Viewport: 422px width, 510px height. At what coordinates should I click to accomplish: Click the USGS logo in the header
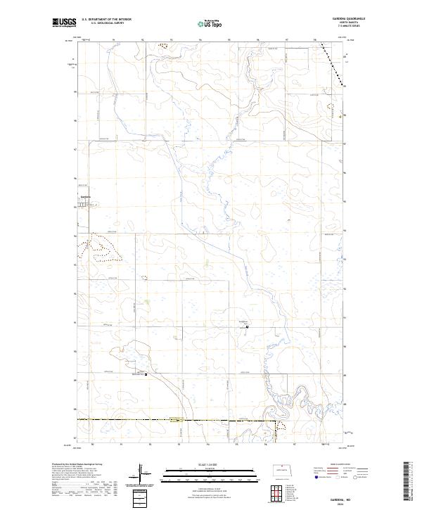[x=65, y=23]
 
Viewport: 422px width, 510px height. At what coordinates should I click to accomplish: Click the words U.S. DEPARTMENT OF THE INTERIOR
[x=107, y=20]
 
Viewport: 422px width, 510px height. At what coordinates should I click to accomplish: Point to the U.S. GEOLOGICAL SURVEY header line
[x=103, y=23]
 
